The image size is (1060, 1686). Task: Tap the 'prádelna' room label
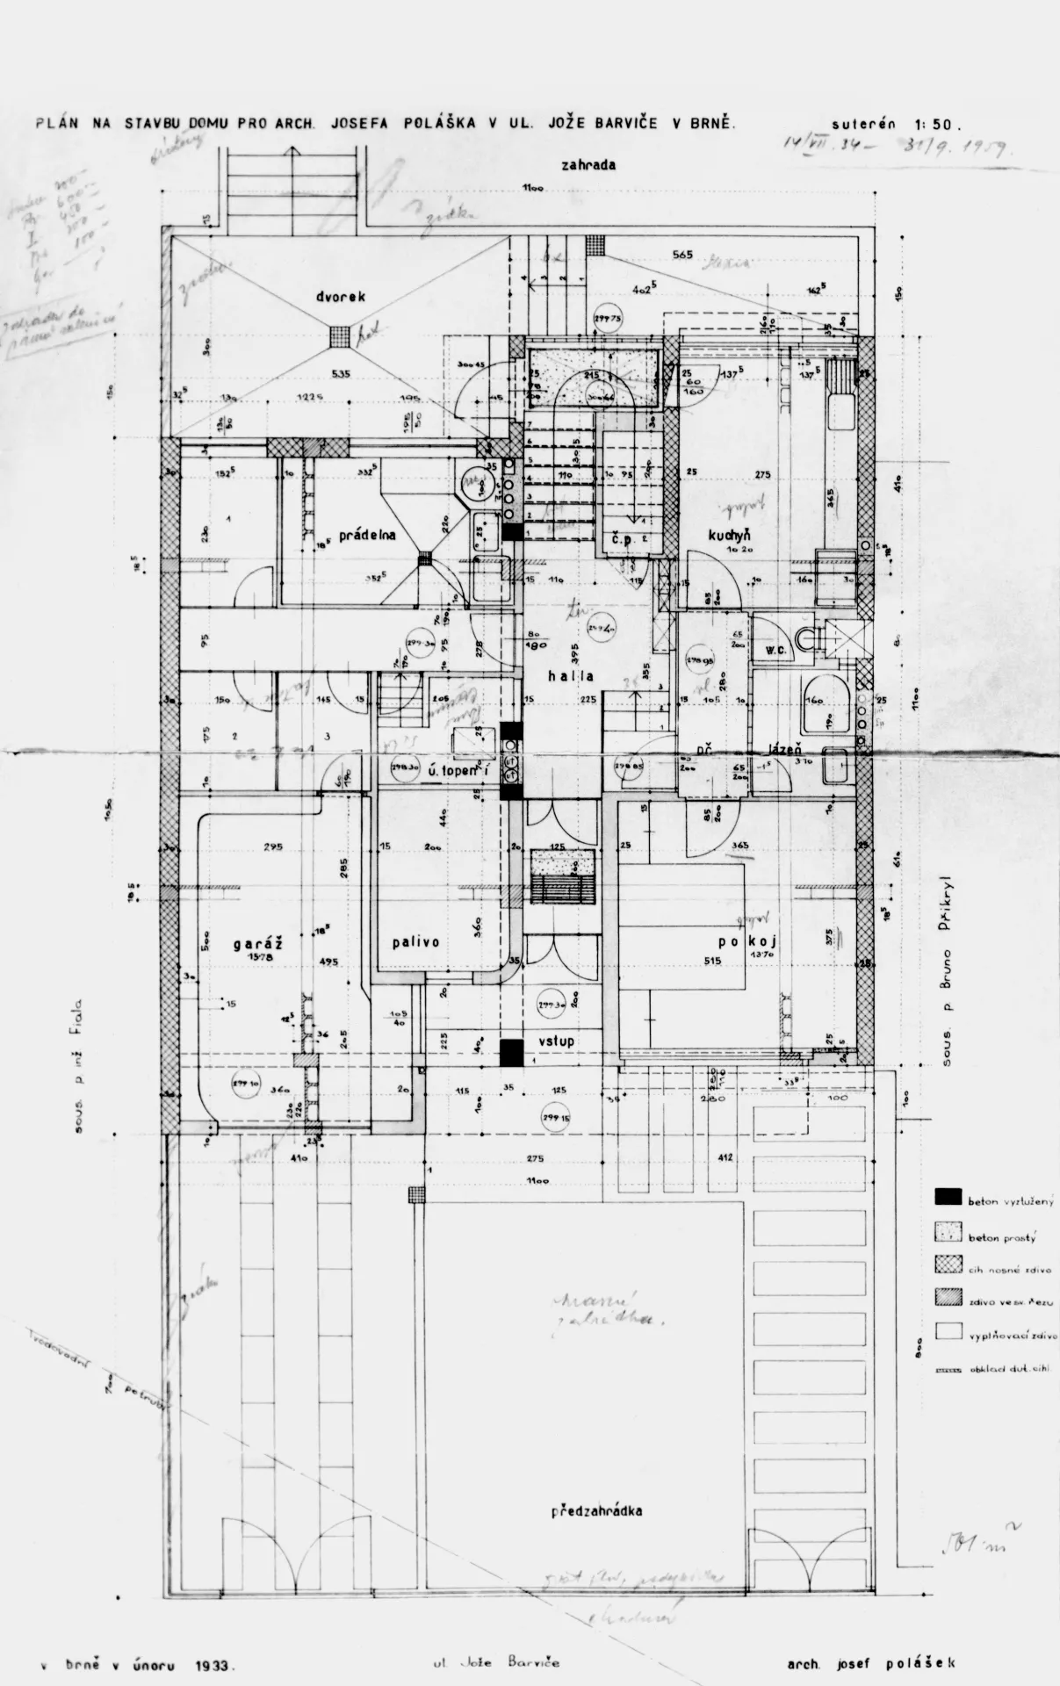tap(369, 533)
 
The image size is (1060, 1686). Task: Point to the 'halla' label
tap(570, 676)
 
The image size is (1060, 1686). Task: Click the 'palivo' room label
tap(415, 942)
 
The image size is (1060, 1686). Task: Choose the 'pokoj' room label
tap(749, 942)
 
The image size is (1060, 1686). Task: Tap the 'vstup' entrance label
tap(556, 1041)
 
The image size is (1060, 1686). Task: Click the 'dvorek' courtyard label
tap(341, 297)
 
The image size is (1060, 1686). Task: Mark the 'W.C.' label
tap(775, 651)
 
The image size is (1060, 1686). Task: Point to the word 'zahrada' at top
tap(590, 164)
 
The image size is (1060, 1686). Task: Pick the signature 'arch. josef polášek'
tap(871, 1662)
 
